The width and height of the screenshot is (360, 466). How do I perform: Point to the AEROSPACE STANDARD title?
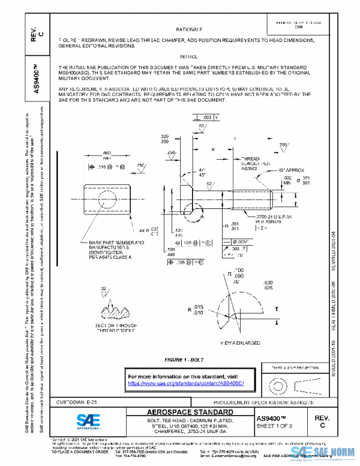189,412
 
